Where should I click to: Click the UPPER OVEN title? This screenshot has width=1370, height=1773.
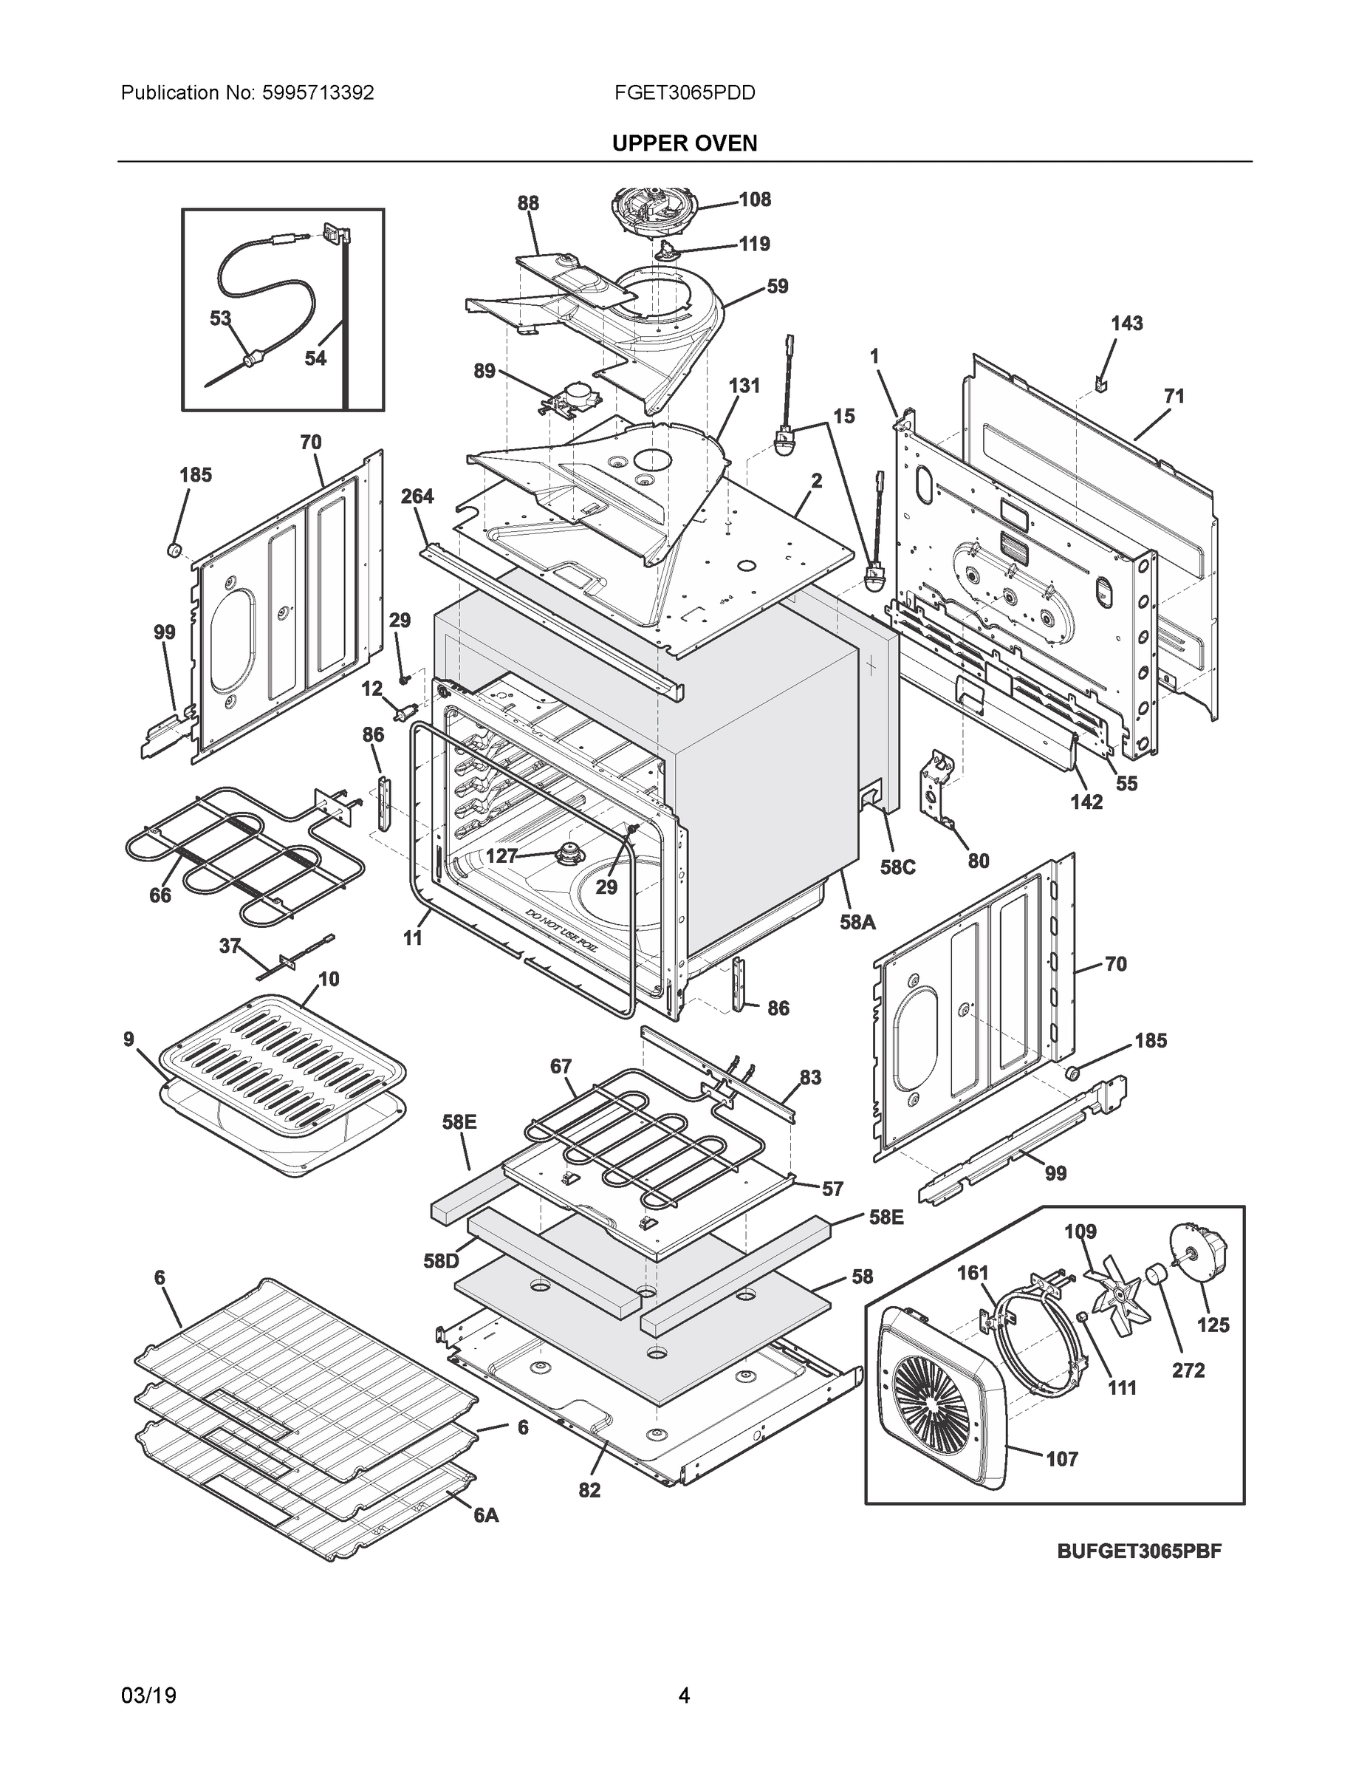click(x=684, y=144)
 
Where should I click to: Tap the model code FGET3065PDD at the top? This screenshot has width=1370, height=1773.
click(x=684, y=93)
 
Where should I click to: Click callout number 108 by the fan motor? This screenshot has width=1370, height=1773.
click(x=754, y=199)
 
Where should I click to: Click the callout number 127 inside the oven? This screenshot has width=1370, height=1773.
click(x=501, y=855)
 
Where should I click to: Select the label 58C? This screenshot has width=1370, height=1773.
click(x=897, y=867)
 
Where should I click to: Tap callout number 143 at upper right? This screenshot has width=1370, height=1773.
click(x=1126, y=324)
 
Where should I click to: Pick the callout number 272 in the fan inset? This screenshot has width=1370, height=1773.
click(x=1188, y=1370)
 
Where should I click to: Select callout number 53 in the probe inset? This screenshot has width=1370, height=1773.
click(x=220, y=319)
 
